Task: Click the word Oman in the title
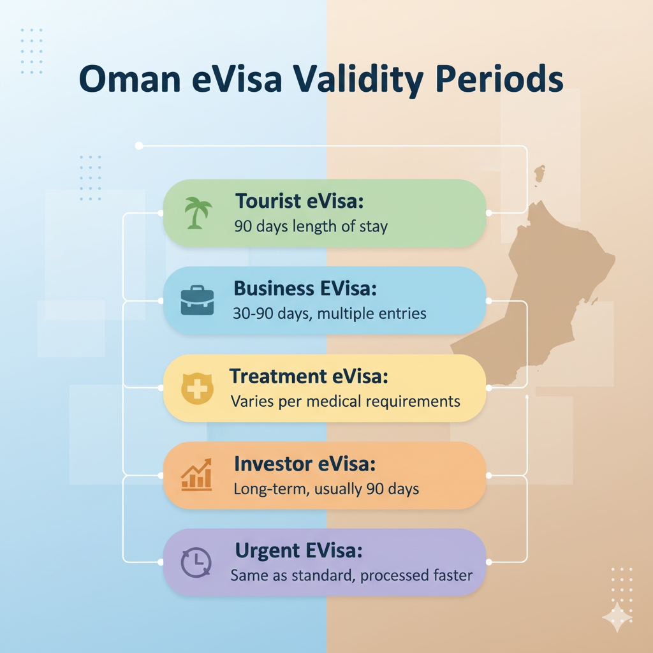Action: click(129, 78)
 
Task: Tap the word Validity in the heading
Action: click(358, 79)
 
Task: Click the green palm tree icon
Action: click(198, 213)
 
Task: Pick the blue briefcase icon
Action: click(198, 300)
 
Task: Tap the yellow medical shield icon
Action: click(198, 388)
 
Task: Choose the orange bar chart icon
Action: click(197, 474)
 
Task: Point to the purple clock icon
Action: click(196, 562)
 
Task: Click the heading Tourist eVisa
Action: click(300, 201)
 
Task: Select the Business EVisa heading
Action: click(305, 288)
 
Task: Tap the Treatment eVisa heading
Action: click(309, 376)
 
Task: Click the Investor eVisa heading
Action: click(305, 464)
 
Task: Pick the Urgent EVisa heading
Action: click(298, 550)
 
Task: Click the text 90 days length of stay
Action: click(311, 226)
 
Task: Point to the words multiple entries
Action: click(372, 313)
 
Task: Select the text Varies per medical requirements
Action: click(345, 402)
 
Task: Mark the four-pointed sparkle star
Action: click(617, 617)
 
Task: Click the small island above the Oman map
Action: click(539, 174)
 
